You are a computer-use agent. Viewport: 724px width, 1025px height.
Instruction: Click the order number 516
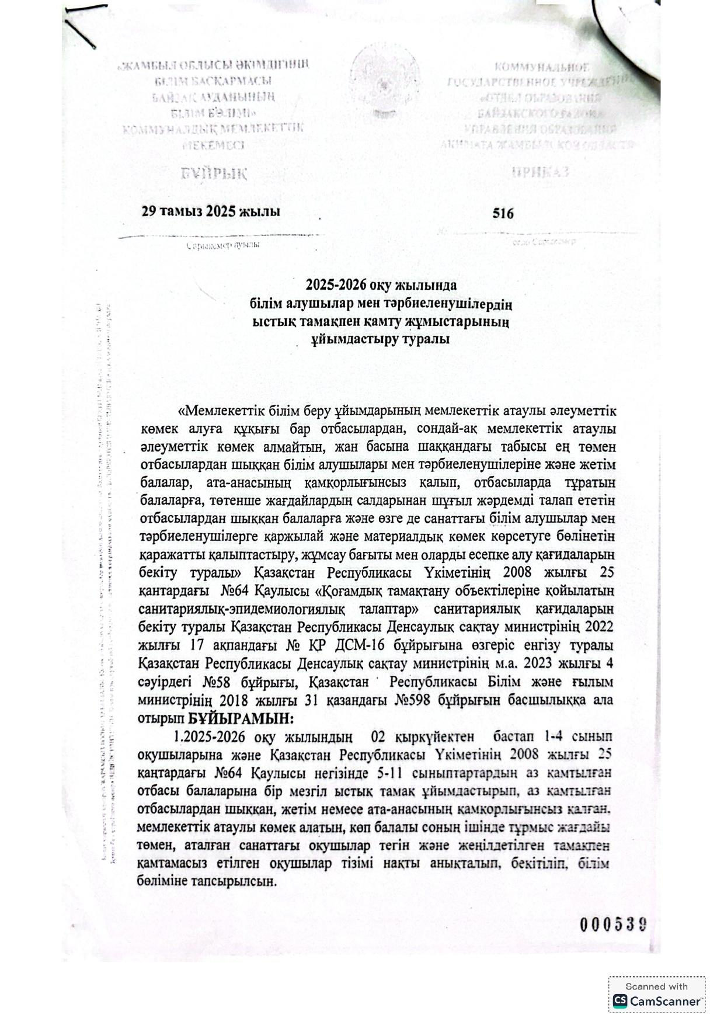[503, 214]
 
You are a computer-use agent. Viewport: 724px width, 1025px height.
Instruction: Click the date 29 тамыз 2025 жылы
[210, 211]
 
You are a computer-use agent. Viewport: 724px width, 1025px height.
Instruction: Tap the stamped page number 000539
[612, 924]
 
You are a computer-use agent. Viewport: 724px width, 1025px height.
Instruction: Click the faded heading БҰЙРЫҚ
[214, 173]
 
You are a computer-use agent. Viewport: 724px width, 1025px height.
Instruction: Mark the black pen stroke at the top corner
[81, 27]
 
